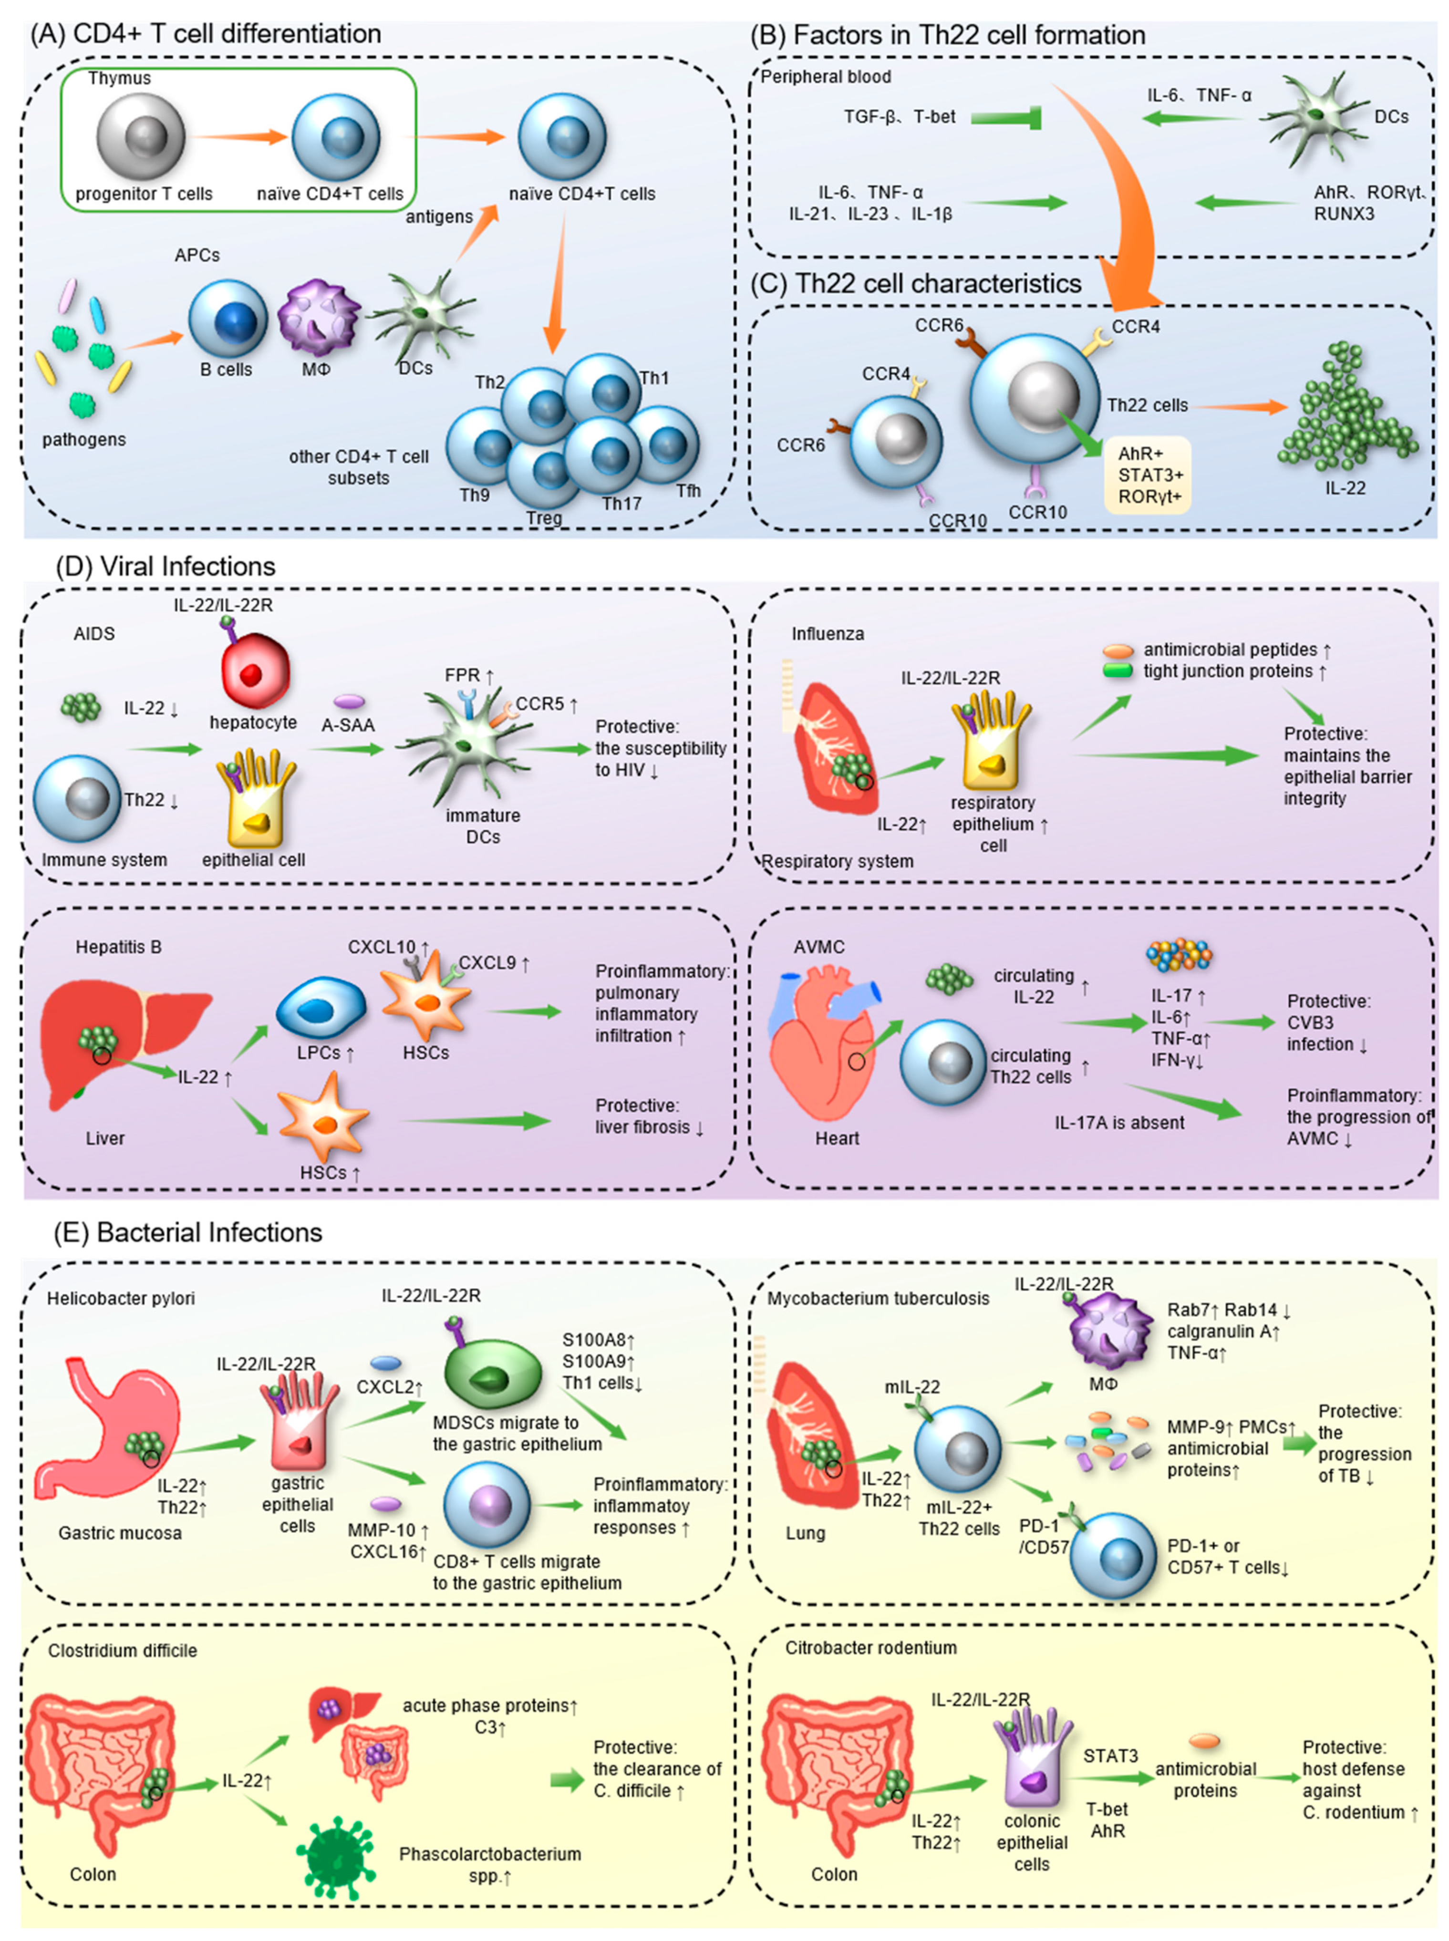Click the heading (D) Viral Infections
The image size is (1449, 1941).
[x=166, y=567]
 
